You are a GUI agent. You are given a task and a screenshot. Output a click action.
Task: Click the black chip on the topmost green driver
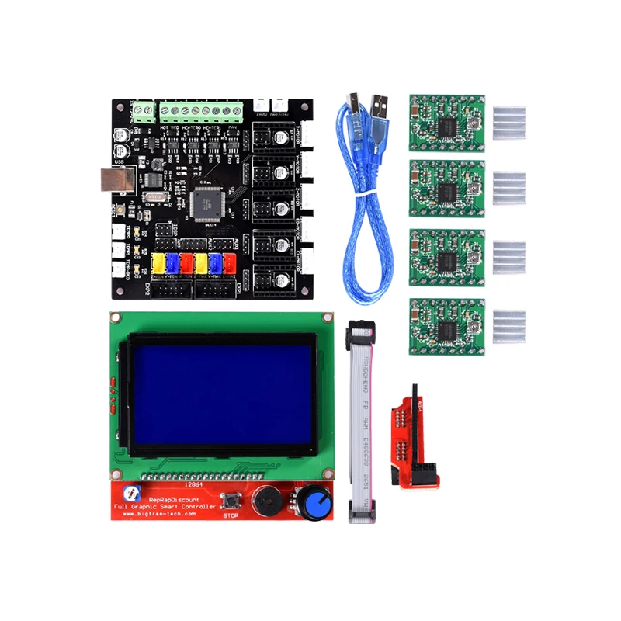447,125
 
